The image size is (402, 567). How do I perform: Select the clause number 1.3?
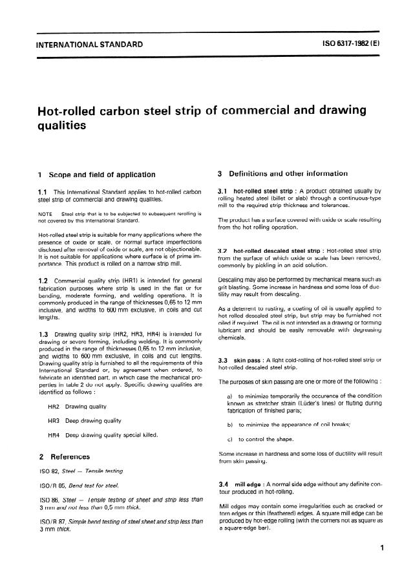[44, 334]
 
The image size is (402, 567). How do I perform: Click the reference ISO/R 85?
[53, 486]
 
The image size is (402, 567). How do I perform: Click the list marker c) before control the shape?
[230, 439]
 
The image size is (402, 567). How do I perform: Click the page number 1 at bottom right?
[383, 548]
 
